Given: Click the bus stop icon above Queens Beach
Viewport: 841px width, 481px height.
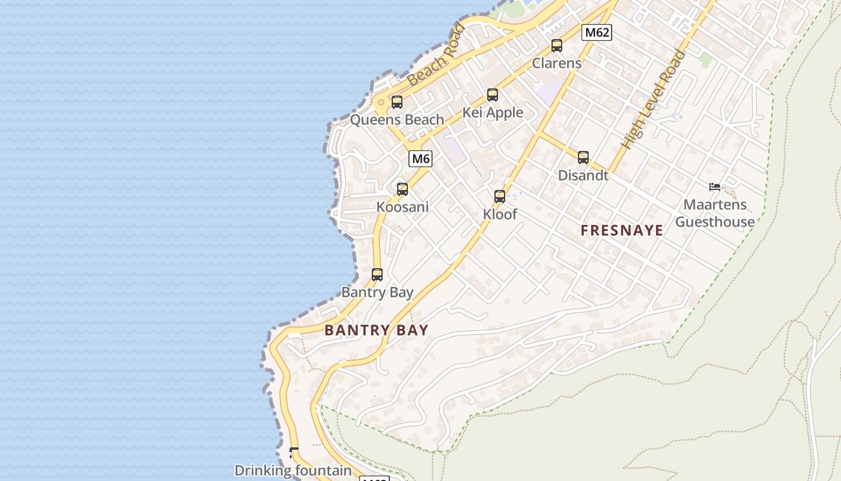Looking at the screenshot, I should click(396, 102).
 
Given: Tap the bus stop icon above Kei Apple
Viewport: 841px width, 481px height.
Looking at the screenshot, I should click(493, 95).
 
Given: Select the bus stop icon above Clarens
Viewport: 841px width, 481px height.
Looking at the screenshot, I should click(557, 46).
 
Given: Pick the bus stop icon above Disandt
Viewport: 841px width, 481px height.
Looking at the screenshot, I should click(583, 158).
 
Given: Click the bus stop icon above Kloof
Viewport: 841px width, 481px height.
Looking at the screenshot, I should click(500, 197).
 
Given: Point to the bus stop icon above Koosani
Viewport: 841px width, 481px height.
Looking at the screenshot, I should click(402, 189).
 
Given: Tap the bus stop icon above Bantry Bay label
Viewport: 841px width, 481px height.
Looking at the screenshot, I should click(377, 275).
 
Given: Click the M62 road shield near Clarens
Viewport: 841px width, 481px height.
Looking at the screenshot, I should click(597, 32).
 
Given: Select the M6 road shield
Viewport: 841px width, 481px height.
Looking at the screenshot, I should click(421, 159).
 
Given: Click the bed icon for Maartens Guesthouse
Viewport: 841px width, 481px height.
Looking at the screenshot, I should click(715, 187).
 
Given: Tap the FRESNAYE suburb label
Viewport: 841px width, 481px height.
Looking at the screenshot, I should click(622, 230).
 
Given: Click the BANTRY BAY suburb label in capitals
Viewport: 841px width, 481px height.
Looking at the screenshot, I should click(377, 330).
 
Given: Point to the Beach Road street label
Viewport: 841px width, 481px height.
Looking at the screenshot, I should click(436, 55).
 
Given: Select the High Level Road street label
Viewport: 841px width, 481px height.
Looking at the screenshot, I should click(653, 100).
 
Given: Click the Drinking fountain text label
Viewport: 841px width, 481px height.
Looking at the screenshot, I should click(293, 471).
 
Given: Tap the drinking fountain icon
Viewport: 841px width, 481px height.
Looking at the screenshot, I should click(294, 452).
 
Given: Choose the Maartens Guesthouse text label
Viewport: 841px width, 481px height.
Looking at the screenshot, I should click(715, 213).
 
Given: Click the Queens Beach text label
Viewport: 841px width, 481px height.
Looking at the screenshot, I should click(397, 120).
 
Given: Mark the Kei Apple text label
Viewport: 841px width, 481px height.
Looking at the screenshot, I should click(493, 112).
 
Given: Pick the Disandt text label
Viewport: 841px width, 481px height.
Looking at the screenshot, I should click(583, 176).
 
